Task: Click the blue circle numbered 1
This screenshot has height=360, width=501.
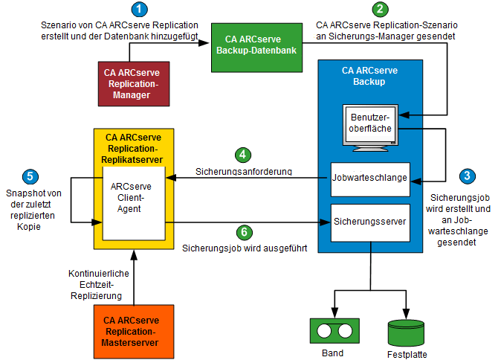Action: pos(139,10)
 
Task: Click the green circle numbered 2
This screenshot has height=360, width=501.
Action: pos(380,10)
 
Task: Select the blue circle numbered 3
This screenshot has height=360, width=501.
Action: pos(466,176)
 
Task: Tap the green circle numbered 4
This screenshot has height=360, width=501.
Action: pos(242,155)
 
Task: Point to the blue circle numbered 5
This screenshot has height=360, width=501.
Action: pos(29,176)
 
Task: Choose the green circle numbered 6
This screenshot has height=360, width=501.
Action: pos(242,231)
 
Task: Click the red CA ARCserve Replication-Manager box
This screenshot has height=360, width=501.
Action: pos(134,82)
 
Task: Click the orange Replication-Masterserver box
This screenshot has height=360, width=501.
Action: pos(134,331)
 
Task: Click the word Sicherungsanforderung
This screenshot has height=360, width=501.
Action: pos(243,171)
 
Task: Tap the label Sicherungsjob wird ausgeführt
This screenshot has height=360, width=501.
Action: pos(245,247)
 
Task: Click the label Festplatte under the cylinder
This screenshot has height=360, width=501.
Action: pos(407,354)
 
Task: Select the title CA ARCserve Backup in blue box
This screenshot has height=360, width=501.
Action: pos(369,75)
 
